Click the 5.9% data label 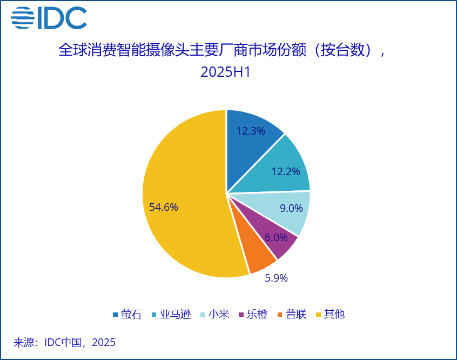(x=276, y=278)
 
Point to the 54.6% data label (x=164, y=207)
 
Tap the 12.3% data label (x=251, y=131)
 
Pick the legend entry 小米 (x=218, y=315)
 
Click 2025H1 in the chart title (x=226, y=72)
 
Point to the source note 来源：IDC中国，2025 (x=64, y=342)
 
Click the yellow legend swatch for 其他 (x=319, y=315)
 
